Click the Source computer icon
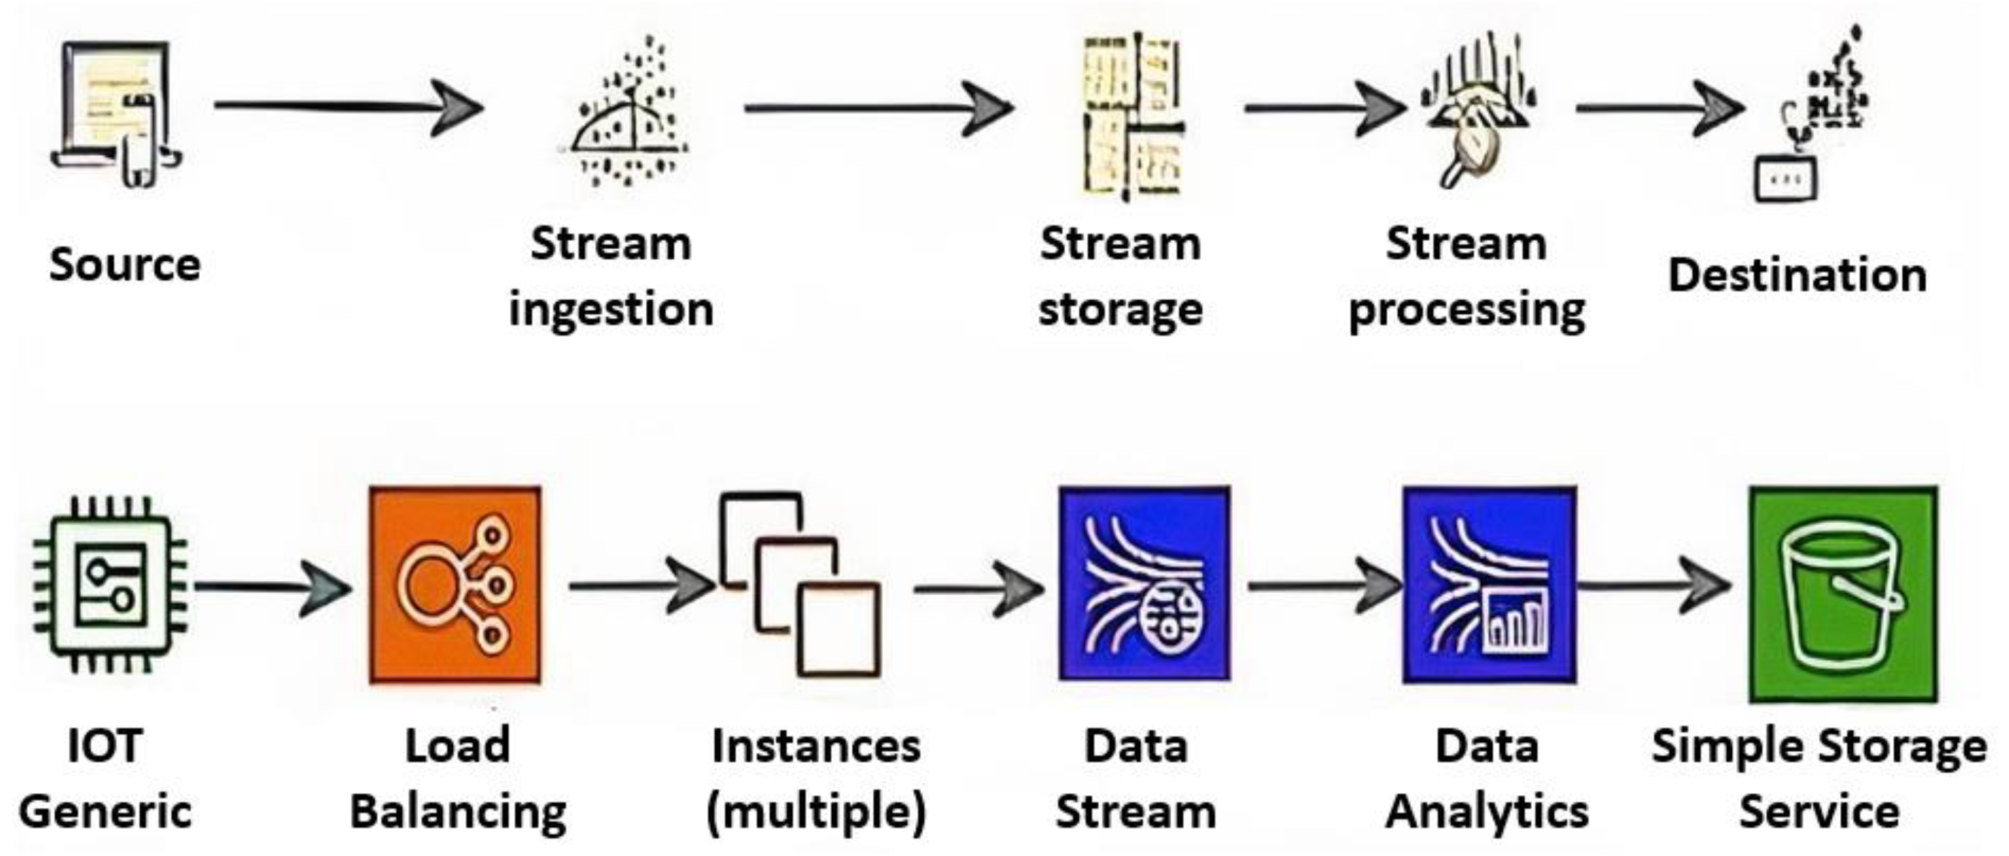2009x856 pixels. (x=114, y=113)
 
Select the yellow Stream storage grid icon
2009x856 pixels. (x=1132, y=115)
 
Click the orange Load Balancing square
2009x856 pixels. (x=455, y=585)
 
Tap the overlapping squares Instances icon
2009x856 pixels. (x=799, y=585)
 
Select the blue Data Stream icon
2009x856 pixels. (x=1144, y=583)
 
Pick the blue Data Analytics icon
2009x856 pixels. (x=1489, y=585)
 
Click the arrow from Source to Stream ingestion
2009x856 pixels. (x=347, y=106)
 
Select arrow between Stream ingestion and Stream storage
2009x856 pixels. (x=877, y=108)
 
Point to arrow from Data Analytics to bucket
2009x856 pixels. (x=1654, y=585)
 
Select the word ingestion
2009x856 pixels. (x=611, y=310)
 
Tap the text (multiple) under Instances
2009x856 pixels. (x=816, y=812)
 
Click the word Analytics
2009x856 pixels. (x=1486, y=812)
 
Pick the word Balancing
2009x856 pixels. (x=458, y=812)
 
